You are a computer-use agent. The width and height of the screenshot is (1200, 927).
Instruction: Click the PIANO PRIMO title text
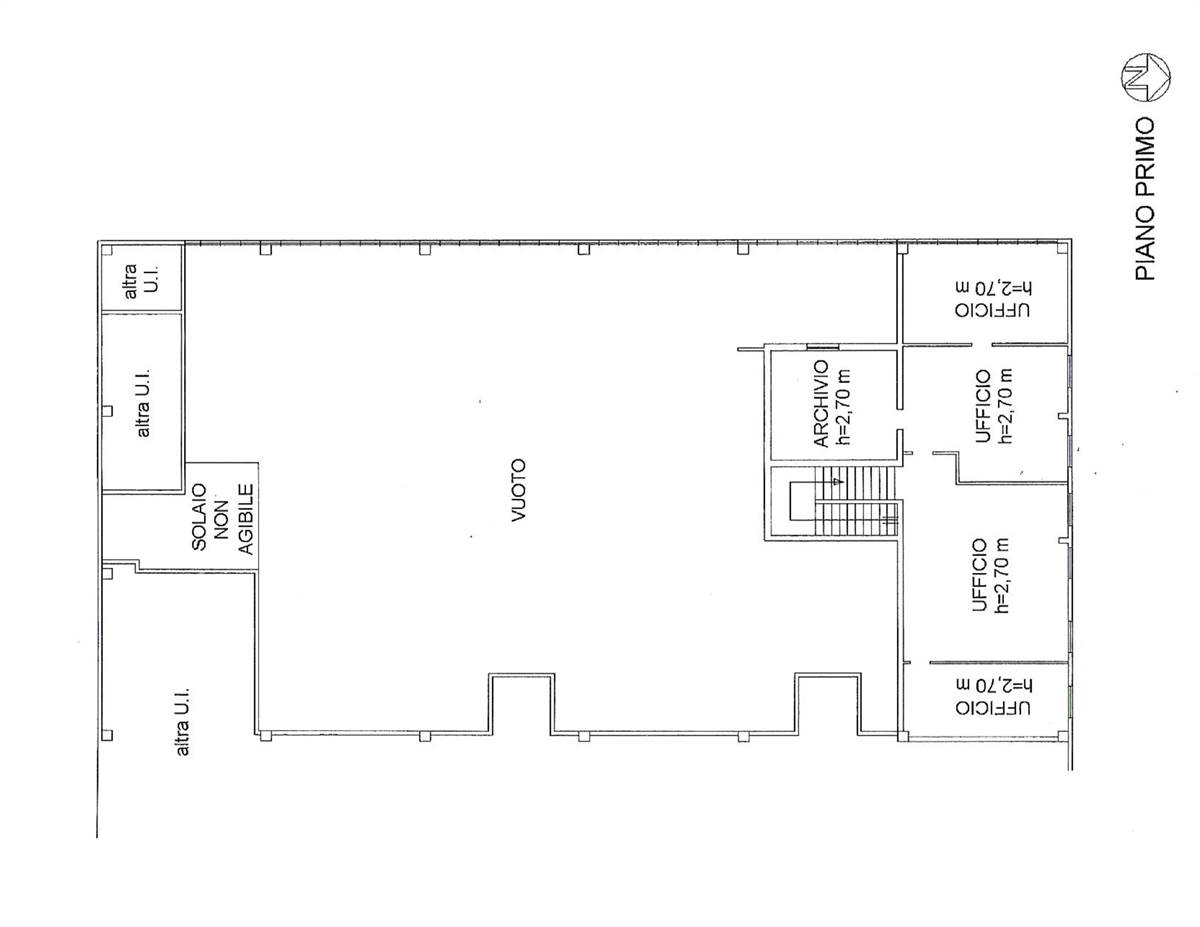1144,198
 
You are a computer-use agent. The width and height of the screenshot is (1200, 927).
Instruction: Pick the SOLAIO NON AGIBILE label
223,519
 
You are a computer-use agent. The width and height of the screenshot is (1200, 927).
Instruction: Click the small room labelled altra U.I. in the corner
142,278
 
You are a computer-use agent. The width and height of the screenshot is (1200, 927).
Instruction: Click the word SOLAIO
199,517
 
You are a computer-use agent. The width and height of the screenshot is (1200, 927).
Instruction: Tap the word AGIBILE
246,520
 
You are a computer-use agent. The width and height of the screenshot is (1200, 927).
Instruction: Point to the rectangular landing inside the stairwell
802,501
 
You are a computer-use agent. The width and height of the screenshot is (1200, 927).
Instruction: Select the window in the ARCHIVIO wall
822,347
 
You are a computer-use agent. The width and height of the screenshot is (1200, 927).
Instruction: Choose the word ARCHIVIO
821,403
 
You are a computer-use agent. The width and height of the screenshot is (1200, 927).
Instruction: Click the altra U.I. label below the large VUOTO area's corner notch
182,721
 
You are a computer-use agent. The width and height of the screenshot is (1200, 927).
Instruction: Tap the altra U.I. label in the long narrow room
144,403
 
